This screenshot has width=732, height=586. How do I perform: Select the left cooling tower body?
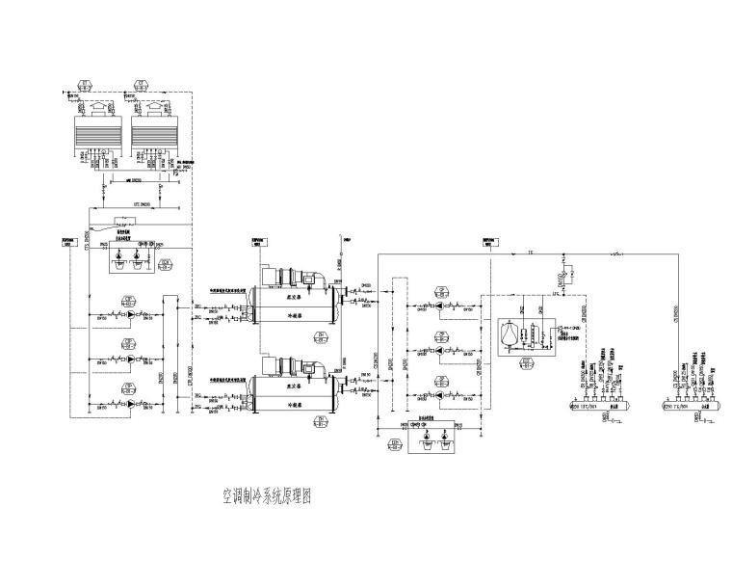click(x=95, y=130)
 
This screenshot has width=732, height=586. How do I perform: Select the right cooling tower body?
click(x=155, y=130)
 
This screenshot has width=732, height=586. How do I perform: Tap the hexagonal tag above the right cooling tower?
click(x=142, y=83)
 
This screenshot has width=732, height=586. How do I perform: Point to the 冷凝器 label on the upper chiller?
click(x=285, y=314)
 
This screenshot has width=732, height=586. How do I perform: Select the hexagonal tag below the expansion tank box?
click(x=526, y=363)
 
